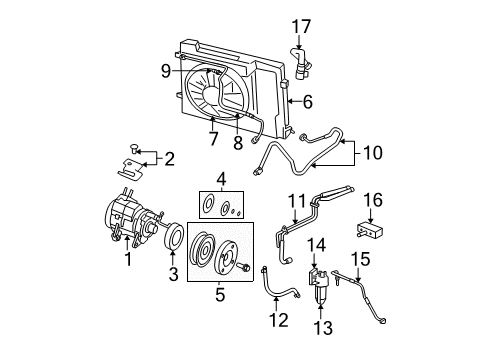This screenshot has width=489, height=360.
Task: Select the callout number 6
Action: coord(308,101)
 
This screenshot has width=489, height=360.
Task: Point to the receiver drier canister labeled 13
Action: coord(319,289)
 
